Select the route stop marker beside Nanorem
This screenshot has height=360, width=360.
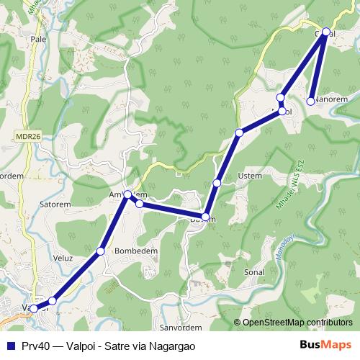(x=310, y=101)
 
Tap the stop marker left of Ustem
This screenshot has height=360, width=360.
(x=217, y=183)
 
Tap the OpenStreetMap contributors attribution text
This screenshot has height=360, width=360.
(x=297, y=322)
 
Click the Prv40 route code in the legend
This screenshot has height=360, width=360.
(x=35, y=346)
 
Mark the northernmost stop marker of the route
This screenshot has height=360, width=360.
(x=325, y=32)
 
